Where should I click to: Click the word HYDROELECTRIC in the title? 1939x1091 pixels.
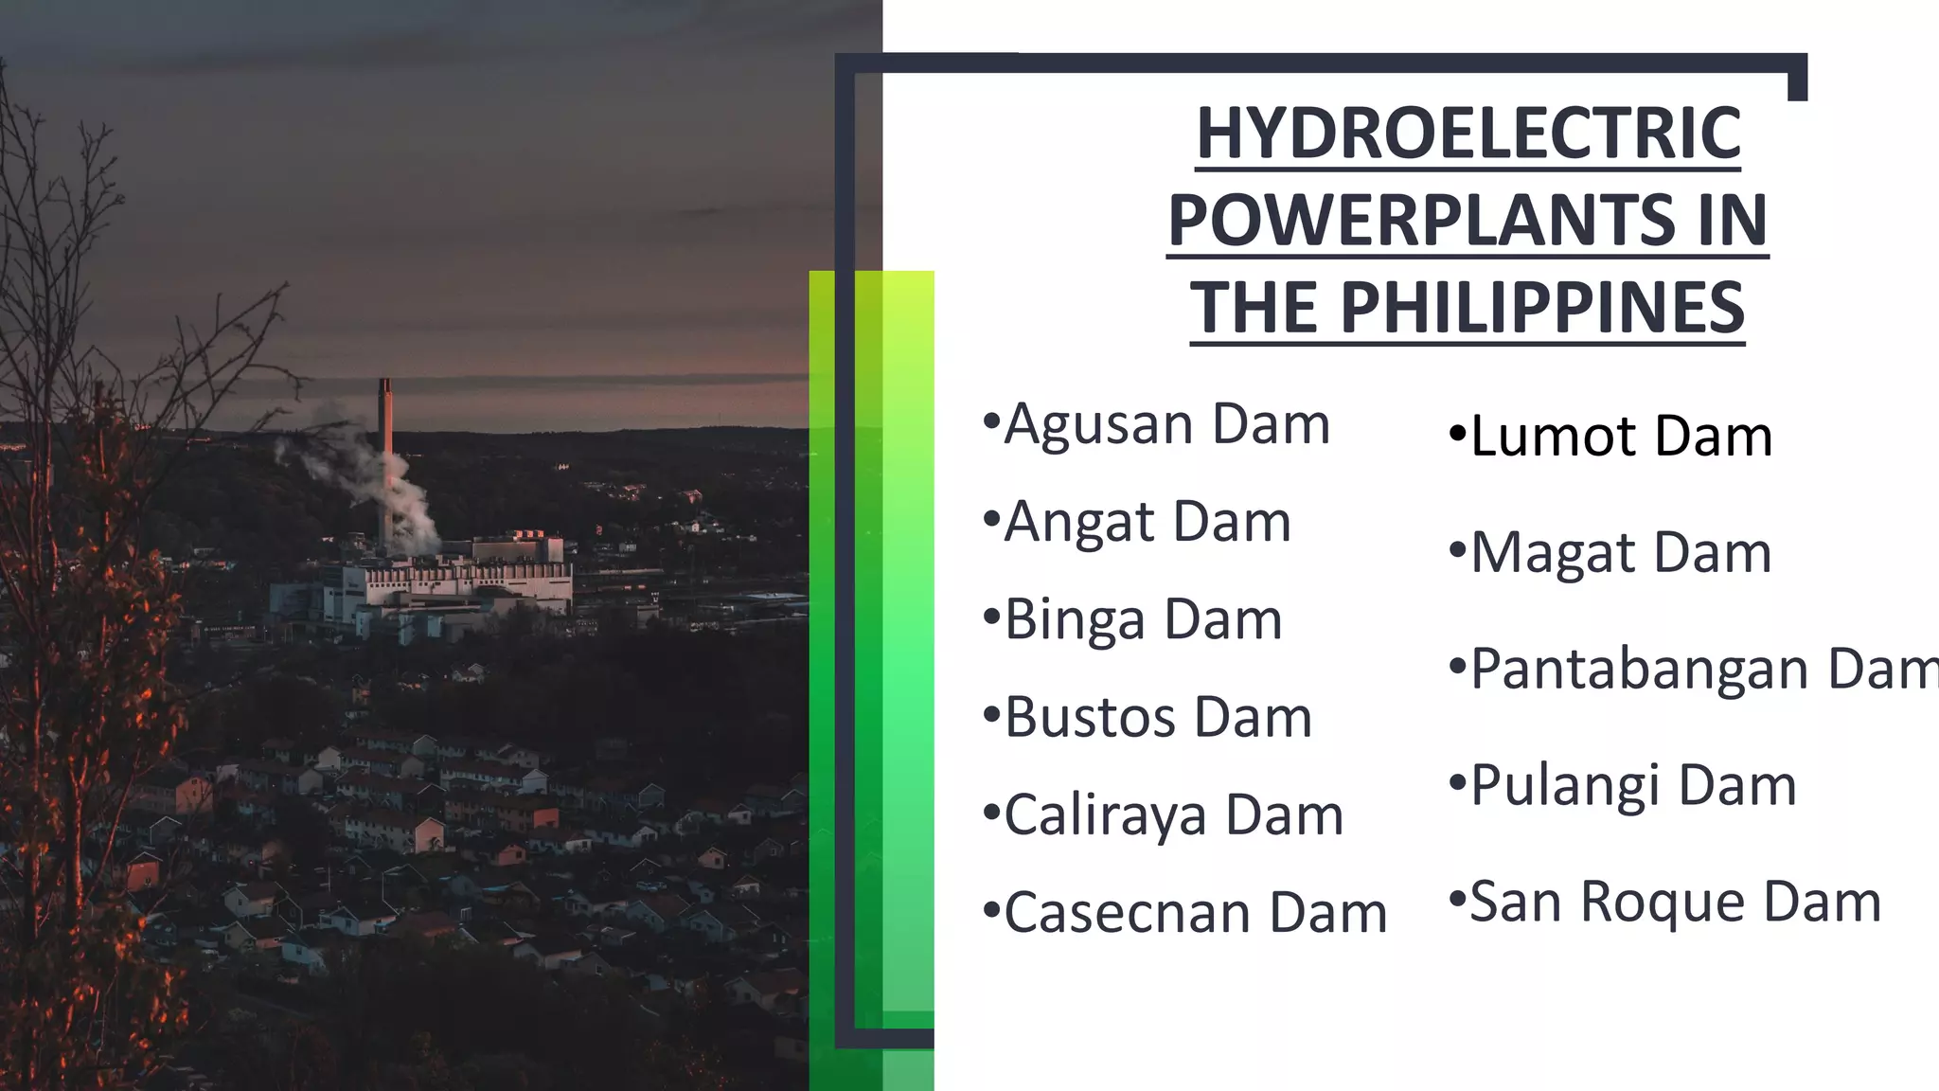pyautogui.click(x=1468, y=134)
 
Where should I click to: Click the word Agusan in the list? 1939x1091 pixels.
pyautogui.click(x=1099, y=424)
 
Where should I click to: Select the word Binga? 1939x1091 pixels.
pyautogui.click(x=1076, y=620)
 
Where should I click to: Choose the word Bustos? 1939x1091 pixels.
pyautogui.click(x=1091, y=717)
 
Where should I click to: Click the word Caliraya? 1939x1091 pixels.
pyautogui.click(x=1106, y=815)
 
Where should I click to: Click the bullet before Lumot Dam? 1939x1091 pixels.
pyautogui.click(x=1457, y=437)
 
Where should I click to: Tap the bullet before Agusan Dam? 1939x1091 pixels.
pyautogui.click(x=991, y=420)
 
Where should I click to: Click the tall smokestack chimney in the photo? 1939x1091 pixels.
pyautogui.click(x=386, y=455)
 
